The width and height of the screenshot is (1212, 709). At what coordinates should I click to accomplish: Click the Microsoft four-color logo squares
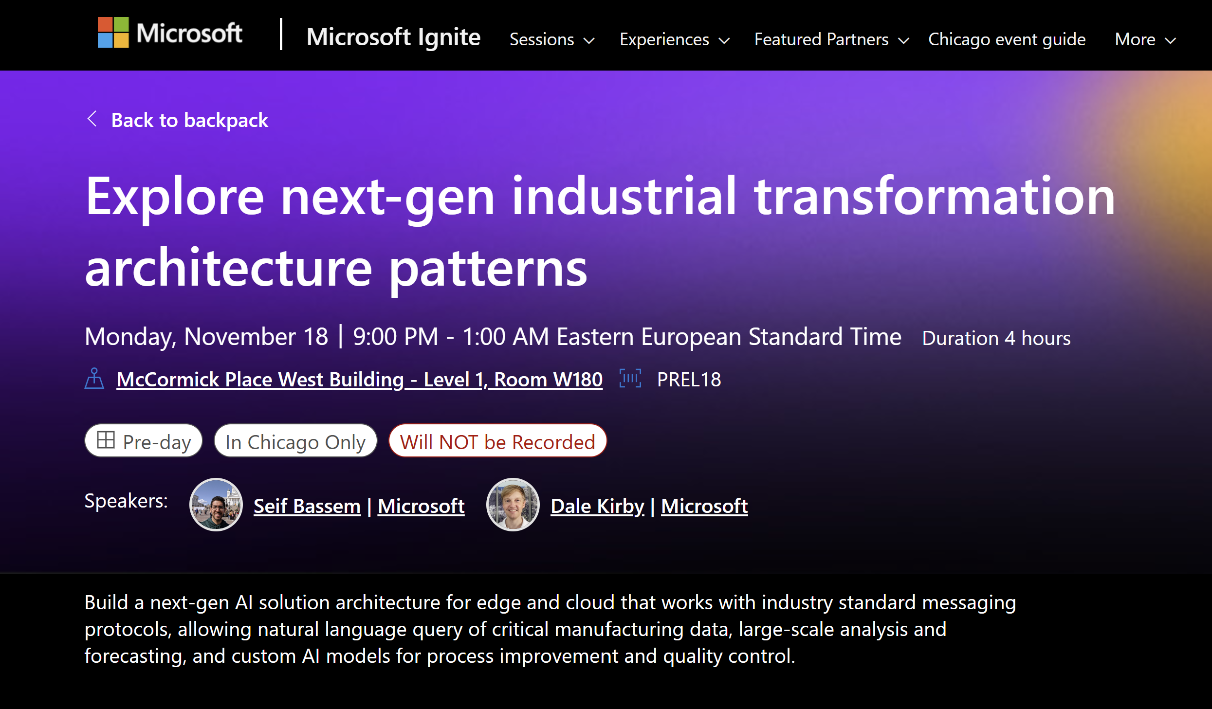[113, 33]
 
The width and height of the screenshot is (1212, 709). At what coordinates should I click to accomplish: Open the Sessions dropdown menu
[551, 39]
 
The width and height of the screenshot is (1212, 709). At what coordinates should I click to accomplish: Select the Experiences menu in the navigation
[674, 39]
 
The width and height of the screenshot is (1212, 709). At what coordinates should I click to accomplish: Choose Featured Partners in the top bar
[831, 39]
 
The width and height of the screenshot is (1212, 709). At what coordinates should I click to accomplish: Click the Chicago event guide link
[1007, 39]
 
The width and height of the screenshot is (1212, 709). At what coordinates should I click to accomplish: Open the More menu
[1145, 39]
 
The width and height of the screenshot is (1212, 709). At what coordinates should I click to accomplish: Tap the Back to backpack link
[189, 120]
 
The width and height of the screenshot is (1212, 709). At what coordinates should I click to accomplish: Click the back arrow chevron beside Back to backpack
[92, 119]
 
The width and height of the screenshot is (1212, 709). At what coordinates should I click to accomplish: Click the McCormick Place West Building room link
[359, 380]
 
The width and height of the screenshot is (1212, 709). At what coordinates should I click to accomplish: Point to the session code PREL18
[689, 380]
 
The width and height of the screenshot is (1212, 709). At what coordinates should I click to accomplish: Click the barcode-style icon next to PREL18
[630, 379]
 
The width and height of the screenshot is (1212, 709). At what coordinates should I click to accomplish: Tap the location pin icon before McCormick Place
[94, 379]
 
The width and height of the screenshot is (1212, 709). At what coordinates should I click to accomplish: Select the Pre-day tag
[144, 441]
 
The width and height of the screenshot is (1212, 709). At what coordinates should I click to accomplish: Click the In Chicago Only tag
[295, 441]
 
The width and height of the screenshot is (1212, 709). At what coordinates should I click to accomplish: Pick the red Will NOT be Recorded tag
[497, 441]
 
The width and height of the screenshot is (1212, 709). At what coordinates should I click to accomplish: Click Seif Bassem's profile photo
[216, 505]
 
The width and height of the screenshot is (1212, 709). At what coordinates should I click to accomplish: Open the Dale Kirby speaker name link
[597, 506]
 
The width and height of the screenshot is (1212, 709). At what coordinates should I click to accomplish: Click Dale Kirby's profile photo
[513, 505]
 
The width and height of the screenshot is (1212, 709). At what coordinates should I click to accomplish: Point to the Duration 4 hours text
[996, 338]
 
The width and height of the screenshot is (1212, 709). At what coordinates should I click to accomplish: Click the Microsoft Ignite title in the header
[393, 37]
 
